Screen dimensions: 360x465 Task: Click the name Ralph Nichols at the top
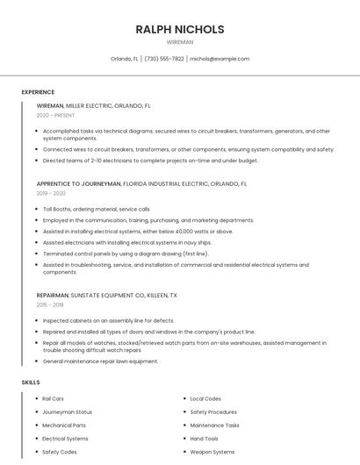click(180, 29)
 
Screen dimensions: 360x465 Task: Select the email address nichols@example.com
click(220, 59)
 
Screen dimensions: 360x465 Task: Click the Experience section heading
click(38, 92)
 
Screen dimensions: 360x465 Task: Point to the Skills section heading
click(31, 383)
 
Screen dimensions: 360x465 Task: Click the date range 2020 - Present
click(55, 115)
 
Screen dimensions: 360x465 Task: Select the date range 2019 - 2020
click(51, 193)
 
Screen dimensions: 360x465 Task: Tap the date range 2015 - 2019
click(50, 304)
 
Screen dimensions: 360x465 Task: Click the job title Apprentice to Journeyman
click(79, 184)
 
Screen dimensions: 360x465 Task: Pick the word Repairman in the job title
click(54, 296)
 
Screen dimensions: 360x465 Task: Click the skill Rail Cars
click(53, 399)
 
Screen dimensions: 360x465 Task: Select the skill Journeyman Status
click(67, 412)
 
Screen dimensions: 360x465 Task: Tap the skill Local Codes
click(205, 399)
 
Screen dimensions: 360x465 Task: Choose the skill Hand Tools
click(204, 439)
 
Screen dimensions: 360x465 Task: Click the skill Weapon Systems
click(212, 452)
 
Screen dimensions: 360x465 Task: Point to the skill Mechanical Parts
click(64, 426)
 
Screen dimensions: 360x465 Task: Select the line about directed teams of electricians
click(150, 161)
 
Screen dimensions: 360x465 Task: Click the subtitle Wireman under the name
click(180, 41)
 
